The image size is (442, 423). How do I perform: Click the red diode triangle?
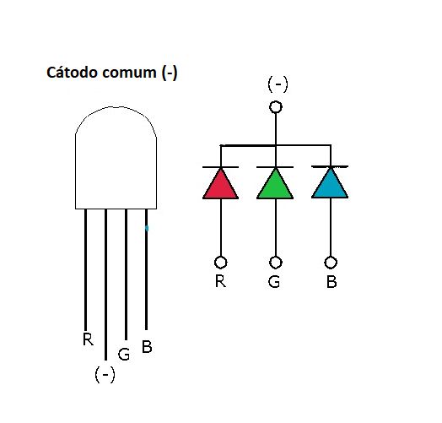coord(220,185)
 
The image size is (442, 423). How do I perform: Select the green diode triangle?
coord(274,185)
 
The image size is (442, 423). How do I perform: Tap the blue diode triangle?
coord(330,185)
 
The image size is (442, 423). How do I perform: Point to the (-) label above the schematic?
coord(278,84)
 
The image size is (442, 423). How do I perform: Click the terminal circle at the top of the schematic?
coord(275,107)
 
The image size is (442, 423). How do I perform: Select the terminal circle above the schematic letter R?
coord(220,262)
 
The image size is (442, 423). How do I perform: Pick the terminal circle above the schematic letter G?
coord(275,262)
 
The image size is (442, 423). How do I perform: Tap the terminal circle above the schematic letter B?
coord(330,262)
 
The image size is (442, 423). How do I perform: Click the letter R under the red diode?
coord(220,281)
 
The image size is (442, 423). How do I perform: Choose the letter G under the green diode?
coord(274,281)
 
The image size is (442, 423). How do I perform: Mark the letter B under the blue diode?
coord(331,282)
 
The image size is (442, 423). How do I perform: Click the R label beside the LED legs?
coord(88,340)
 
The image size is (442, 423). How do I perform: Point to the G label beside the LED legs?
coord(124,355)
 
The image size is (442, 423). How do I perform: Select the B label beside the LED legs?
coord(147,346)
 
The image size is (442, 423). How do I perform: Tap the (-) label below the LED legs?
coord(105,375)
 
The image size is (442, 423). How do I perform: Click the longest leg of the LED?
coord(105,287)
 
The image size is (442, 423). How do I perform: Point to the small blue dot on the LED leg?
coord(147,228)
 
